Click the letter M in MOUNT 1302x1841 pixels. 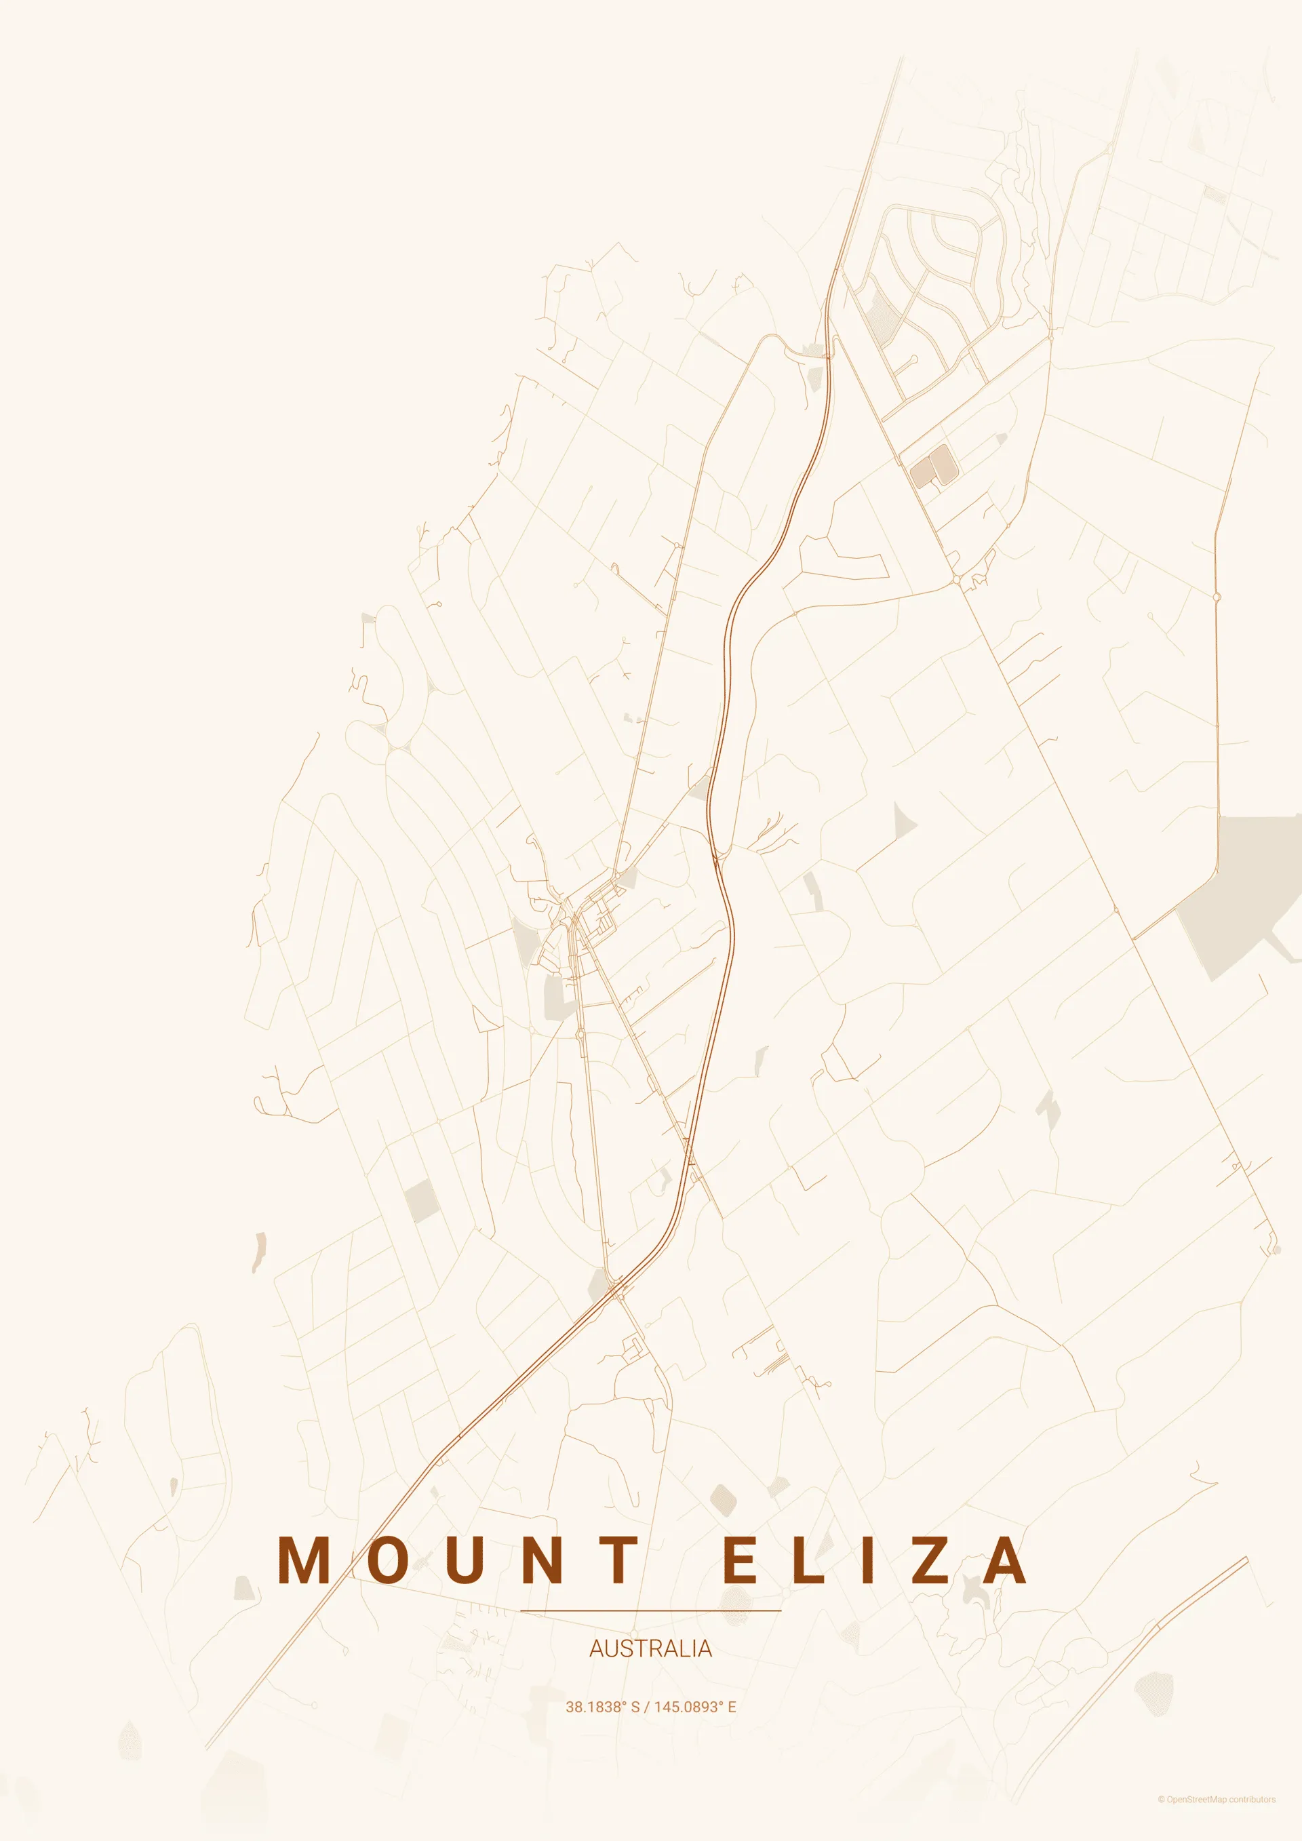click(x=304, y=1560)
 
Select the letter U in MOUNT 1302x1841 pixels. click(x=467, y=1560)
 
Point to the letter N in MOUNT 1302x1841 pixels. click(x=542, y=1560)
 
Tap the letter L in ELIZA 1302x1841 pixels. click(x=808, y=1560)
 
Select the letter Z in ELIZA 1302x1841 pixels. click(x=930, y=1560)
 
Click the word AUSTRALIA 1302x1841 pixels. click(x=650, y=1648)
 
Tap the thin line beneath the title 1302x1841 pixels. click(x=650, y=1610)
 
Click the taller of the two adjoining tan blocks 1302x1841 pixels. click(x=941, y=465)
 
